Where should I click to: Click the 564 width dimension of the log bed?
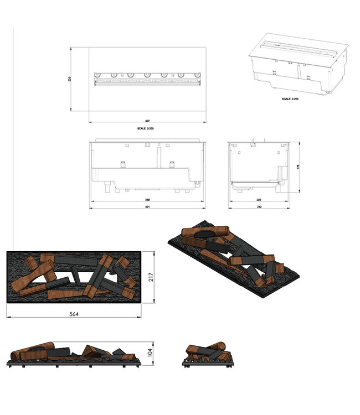[74, 314]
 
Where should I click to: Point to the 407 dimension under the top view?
[148, 121]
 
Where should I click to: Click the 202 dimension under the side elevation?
[259, 200]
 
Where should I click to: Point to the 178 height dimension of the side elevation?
[297, 166]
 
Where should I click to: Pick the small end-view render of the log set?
[208, 355]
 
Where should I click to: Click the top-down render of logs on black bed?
[74, 277]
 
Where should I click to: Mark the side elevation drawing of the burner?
[259, 166]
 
